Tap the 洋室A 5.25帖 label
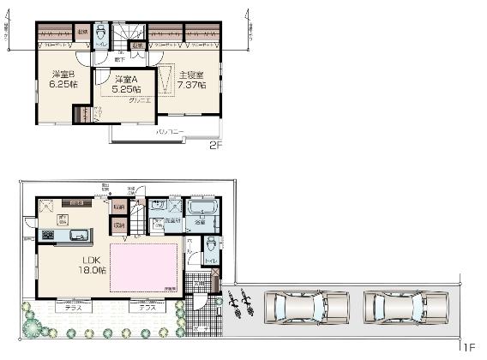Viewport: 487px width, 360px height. coord(124,83)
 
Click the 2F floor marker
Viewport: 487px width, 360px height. coord(215,146)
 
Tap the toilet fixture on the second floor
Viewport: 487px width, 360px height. coord(101,32)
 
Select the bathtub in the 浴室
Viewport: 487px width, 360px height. coord(203,209)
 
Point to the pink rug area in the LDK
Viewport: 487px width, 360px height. coord(144,267)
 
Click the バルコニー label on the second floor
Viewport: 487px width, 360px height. coord(168,132)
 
